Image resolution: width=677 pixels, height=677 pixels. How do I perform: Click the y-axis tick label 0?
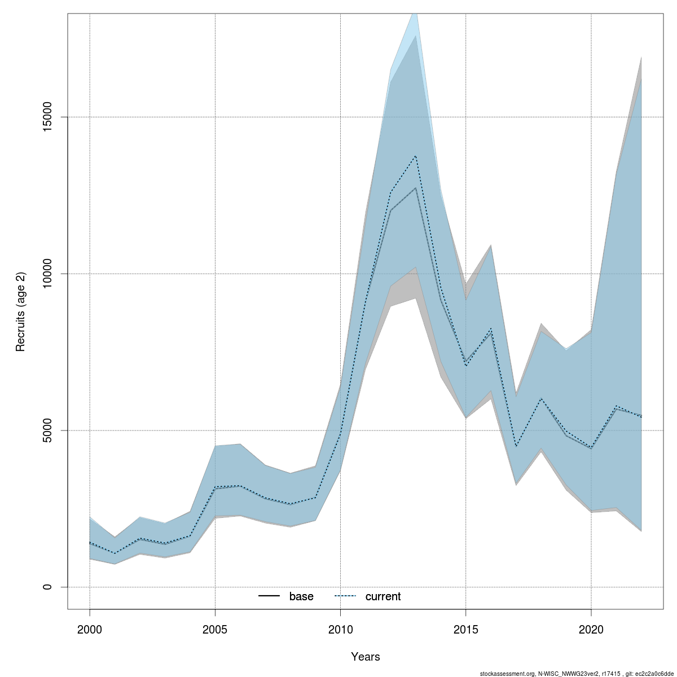click(x=48, y=587)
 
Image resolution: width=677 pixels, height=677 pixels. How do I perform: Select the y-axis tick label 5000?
click(x=48, y=430)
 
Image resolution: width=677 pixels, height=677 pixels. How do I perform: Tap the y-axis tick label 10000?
click(x=48, y=274)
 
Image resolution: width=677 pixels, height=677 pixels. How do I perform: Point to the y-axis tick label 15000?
click(x=48, y=117)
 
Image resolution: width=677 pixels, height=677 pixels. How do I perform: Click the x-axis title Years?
click(x=365, y=657)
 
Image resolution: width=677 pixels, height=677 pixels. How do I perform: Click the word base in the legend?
click(x=301, y=597)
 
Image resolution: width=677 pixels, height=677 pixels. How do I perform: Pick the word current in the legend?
click(x=383, y=597)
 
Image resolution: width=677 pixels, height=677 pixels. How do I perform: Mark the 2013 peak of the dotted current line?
click(x=416, y=156)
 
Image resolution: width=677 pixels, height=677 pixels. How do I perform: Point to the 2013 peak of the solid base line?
click(x=416, y=188)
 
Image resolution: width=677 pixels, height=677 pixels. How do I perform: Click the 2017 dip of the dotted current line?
click(x=516, y=446)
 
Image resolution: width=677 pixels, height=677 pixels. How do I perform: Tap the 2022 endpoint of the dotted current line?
click(x=641, y=416)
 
